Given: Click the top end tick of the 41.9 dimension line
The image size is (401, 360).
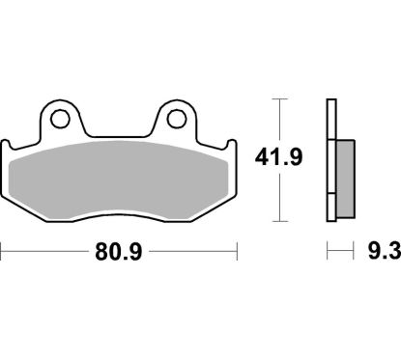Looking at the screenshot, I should [279, 99].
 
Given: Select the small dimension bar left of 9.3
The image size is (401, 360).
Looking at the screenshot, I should [338, 255].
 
